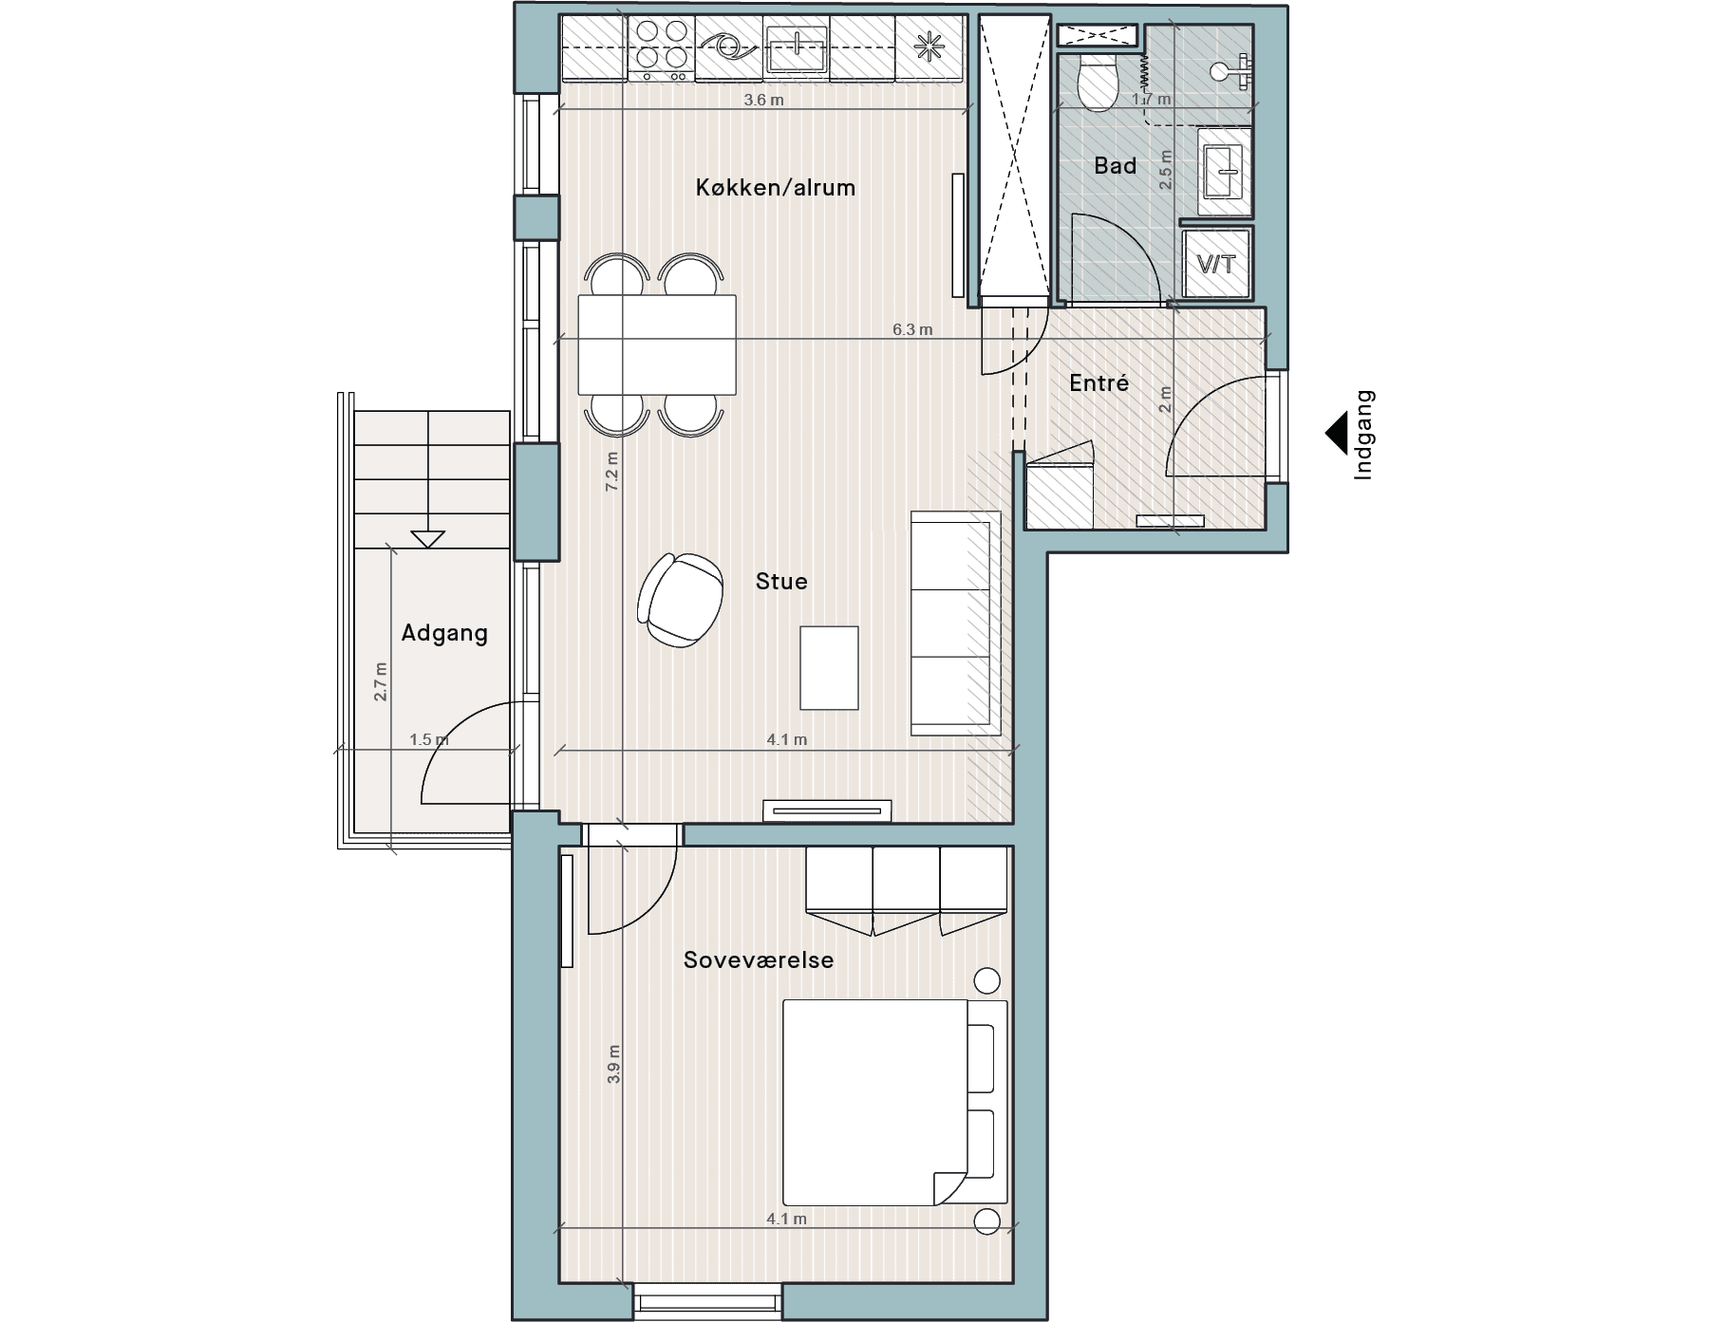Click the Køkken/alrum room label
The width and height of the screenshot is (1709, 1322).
pos(776,188)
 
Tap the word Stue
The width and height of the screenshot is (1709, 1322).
pos(781,581)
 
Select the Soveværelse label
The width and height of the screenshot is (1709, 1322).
pos(759,959)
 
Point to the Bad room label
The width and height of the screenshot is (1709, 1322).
pos(1115,166)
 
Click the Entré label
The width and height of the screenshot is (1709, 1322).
pos(1099,383)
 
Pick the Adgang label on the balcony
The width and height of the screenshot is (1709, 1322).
pos(444,633)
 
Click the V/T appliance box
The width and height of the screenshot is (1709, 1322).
pos(1217,263)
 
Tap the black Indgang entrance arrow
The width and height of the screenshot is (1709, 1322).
pos(1337,433)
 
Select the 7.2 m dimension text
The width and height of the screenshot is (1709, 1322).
pos(612,471)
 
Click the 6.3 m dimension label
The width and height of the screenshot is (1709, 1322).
pos(912,330)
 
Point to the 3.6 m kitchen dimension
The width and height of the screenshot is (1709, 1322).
pos(763,100)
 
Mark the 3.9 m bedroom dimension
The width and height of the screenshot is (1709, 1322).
pos(613,1064)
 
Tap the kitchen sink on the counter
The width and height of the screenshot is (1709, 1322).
pos(797,47)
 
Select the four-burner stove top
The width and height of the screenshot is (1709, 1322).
pos(662,47)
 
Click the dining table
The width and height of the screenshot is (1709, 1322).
pos(657,344)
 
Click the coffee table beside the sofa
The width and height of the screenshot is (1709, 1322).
pos(829,668)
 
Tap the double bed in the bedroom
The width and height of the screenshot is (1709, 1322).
pos(894,1102)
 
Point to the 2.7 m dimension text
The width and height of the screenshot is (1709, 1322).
pos(381,681)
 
